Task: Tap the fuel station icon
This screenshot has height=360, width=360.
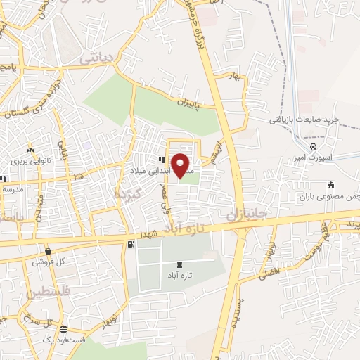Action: (x=131, y=244)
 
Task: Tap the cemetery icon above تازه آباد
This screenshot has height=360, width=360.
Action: (x=179, y=264)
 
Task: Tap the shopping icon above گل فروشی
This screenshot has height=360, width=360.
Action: (x=47, y=251)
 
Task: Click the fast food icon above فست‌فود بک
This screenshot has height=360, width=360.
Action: (x=64, y=329)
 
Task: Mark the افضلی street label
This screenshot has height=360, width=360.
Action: (x=269, y=270)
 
